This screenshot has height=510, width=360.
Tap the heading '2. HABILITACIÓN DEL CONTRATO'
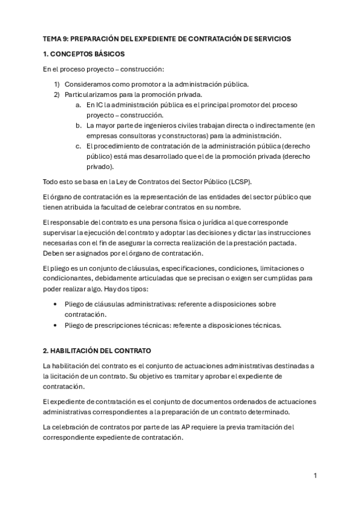pyautogui.click(x=97, y=350)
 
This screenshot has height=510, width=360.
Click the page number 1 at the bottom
pyautogui.click(x=315, y=475)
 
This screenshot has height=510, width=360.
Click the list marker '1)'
pyautogui.click(x=56, y=84)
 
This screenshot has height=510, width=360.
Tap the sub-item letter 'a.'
pyautogui.click(x=79, y=104)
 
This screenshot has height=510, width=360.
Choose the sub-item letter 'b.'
pyautogui.click(x=79, y=125)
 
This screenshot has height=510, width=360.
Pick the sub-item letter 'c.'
pyautogui.click(x=79, y=146)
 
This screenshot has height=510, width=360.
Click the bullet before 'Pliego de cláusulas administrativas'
pyautogui.click(x=56, y=304)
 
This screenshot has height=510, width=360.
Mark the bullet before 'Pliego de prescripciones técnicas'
pyautogui.click(x=56, y=325)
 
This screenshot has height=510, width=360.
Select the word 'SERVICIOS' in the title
pyautogui.click(x=270, y=38)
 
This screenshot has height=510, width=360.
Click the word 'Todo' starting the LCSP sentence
pyautogui.click(x=50, y=182)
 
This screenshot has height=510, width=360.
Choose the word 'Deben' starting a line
pyautogui.click(x=53, y=252)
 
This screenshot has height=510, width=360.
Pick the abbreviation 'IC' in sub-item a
pyautogui.click(x=99, y=104)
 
